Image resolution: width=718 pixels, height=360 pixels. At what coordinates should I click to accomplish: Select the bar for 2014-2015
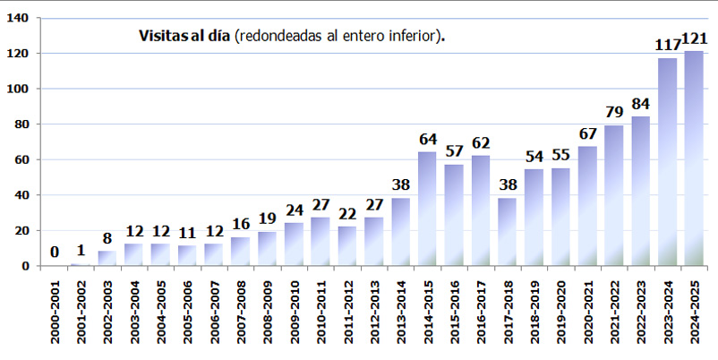pyautogui.click(x=427, y=209)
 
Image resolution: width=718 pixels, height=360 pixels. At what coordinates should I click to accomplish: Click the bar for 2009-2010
pyautogui.click(x=294, y=244)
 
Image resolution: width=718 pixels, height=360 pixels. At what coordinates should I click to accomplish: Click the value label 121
pyautogui.click(x=695, y=39)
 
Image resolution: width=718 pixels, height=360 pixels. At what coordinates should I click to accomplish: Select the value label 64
pyautogui.click(x=427, y=140)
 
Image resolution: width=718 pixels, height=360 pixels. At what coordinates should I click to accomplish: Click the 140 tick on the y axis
pyautogui.click(x=18, y=18)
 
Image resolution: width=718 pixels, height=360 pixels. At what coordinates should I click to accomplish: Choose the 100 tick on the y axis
pyautogui.click(x=18, y=89)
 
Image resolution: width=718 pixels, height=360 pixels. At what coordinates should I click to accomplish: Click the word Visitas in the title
pyautogui.click(x=160, y=36)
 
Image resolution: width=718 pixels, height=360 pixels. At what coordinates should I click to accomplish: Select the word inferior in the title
pyautogui.click(x=413, y=36)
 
